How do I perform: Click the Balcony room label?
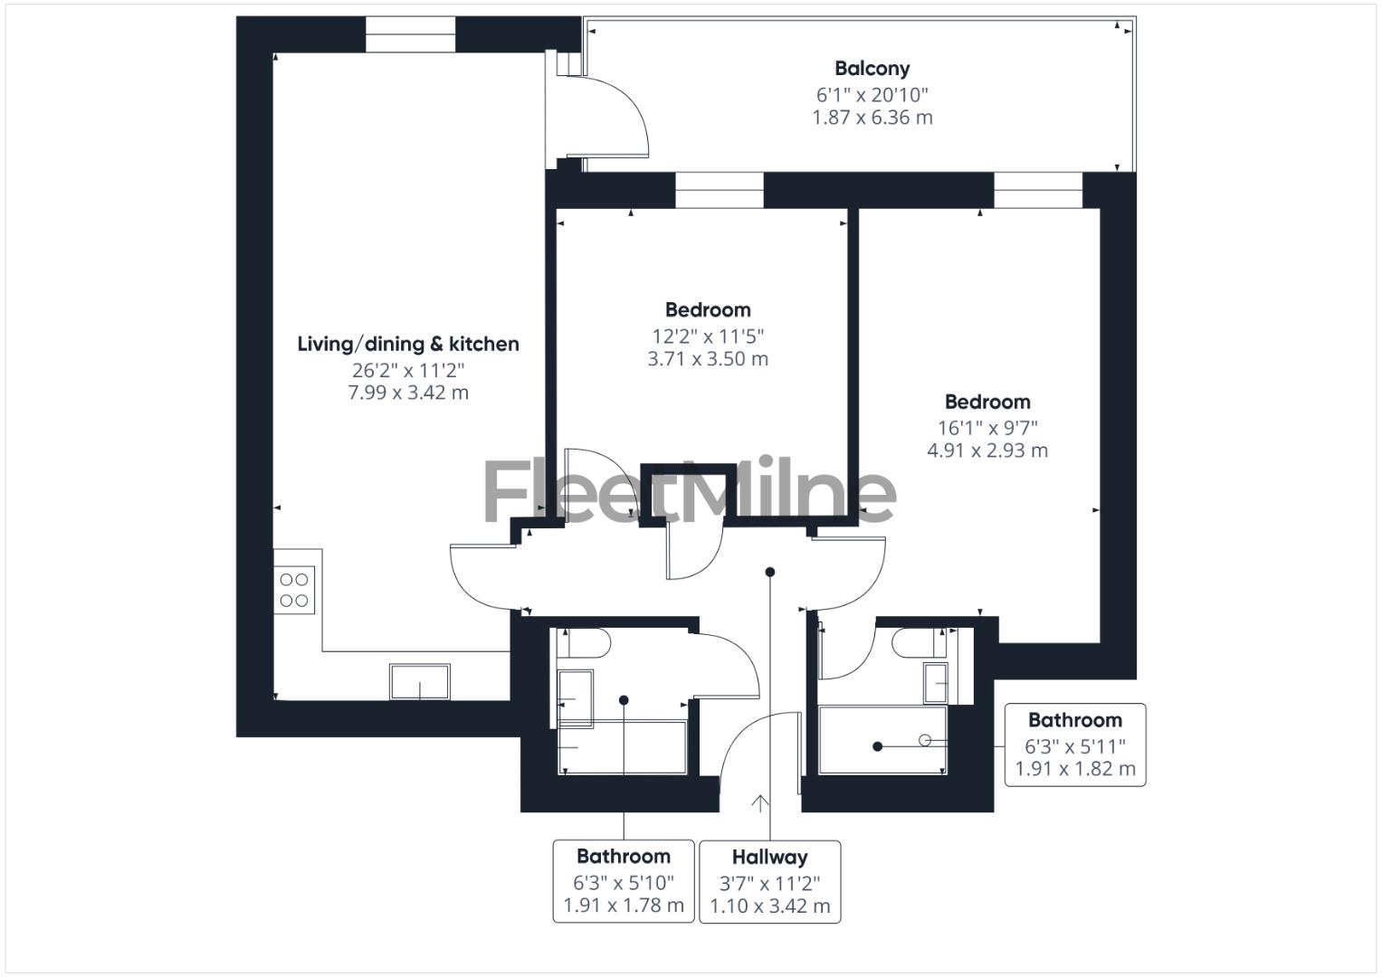point(872,68)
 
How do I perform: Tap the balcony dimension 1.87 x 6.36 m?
point(872,118)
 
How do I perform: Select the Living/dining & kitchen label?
point(408,344)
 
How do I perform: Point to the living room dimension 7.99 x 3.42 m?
point(408,393)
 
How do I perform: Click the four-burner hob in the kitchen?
point(294,591)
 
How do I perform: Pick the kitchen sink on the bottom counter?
point(419,681)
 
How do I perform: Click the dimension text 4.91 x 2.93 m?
point(987,451)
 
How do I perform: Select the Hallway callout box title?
point(769,857)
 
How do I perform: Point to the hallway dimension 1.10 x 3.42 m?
point(769,906)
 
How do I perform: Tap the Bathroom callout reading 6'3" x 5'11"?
point(1074,745)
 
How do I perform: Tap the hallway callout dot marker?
point(770,572)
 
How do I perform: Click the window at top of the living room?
point(409,34)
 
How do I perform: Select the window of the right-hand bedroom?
point(1038,190)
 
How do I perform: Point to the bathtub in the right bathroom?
point(882,740)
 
